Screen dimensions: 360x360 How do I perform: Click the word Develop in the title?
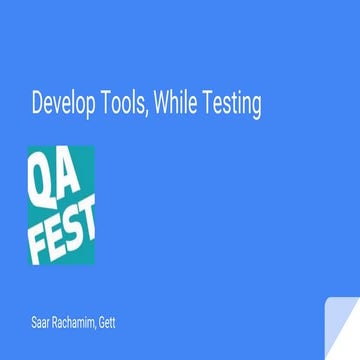click(64, 102)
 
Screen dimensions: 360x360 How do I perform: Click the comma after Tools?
click(154, 111)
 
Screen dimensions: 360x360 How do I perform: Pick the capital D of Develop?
click(38, 102)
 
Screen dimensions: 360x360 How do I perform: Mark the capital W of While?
click(172, 102)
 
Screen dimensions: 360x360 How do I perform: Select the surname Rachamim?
click(76, 322)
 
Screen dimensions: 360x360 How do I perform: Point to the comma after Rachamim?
click(101, 327)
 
